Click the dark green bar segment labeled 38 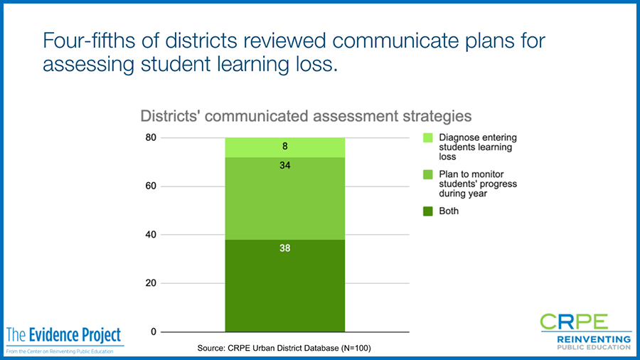coord(285,286)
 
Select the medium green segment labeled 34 coord(285,198)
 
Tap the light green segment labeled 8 coord(285,148)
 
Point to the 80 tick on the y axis coord(151,137)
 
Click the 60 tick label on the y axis coord(151,186)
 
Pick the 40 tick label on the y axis coord(151,235)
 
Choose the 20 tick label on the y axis coord(151,283)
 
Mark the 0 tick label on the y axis coord(154,332)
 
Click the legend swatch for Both coord(428,211)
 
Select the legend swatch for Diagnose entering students coord(428,137)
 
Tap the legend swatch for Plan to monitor coord(428,175)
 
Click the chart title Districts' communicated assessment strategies coord(306,117)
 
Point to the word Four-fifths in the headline coord(89,41)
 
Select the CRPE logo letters coord(574,322)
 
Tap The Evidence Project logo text coord(64,335)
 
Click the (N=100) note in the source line coord(356,348)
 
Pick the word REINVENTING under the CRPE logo coord(594,339)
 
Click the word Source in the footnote coord(211,348)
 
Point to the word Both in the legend coord(449,211)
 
